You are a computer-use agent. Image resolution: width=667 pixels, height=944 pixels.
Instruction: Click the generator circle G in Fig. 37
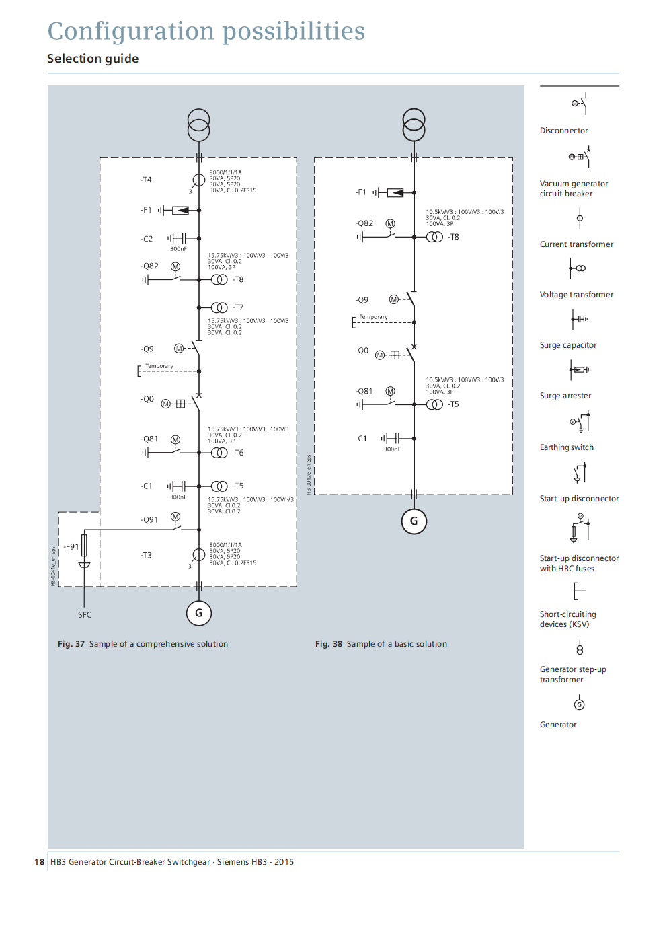click(x=198, y=613)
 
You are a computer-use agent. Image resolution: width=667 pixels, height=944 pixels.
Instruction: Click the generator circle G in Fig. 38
click(x=414, y=521)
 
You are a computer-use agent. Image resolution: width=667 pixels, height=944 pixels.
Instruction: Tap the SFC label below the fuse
click(x=85, y=615)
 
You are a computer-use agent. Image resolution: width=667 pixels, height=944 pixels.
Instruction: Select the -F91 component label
click(x=71, y=547)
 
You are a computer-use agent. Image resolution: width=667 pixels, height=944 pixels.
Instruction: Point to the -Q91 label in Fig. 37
click(x=149, y=520)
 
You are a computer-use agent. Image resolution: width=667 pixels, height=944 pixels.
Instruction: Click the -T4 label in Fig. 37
click(x=146, y=180)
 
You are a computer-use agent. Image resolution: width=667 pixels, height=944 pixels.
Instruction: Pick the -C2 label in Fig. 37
click(x=147, y=239)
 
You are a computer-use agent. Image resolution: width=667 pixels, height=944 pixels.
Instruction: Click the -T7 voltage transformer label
click(x=238, y=307)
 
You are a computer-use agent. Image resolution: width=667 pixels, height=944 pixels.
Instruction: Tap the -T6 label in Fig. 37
click(x=238, y=453)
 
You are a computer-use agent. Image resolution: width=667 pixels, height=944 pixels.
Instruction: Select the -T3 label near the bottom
click(x=146, y=556)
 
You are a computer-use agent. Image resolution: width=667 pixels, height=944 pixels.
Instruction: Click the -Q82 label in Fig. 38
click(x=364, y=223)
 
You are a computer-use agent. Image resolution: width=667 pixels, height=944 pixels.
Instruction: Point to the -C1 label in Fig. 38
click(x=361, y=439)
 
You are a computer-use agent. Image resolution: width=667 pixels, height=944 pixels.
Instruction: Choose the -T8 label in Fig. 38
click(x=454, y=237)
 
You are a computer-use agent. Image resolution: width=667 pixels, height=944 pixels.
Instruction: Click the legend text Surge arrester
click(x=565, y=396)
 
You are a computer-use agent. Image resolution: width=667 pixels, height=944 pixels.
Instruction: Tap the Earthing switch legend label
click(x=567, y=447)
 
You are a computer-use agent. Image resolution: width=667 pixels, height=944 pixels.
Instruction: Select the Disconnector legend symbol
click(x=580, y=104)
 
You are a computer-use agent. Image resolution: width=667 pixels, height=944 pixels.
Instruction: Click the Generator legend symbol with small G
click(x=579, y=704)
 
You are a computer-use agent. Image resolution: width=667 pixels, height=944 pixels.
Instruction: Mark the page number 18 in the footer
click(x=39, y=862)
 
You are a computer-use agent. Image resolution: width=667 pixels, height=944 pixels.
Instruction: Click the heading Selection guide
click(x=93, y=59)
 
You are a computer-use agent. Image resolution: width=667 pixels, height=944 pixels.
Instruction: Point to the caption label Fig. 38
click(x=329, y=644)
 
